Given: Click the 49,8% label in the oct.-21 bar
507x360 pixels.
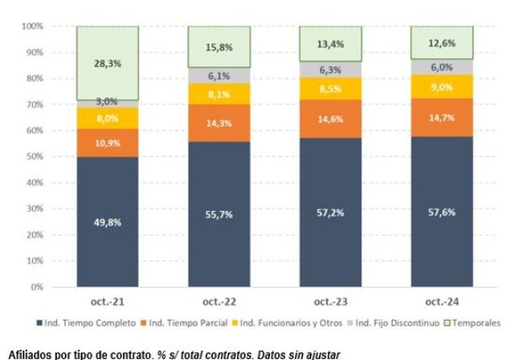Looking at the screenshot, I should (x=107, y=223).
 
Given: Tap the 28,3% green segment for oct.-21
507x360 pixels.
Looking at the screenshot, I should (x=107, y=64).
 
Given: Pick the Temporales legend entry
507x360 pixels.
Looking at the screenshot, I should (x=474, y=323).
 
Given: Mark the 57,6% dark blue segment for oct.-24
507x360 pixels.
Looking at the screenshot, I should (x=441, y=212).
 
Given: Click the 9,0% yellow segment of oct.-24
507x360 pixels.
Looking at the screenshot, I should (x=441, y=87).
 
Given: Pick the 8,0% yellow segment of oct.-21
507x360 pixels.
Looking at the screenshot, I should (x=107, y=119).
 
